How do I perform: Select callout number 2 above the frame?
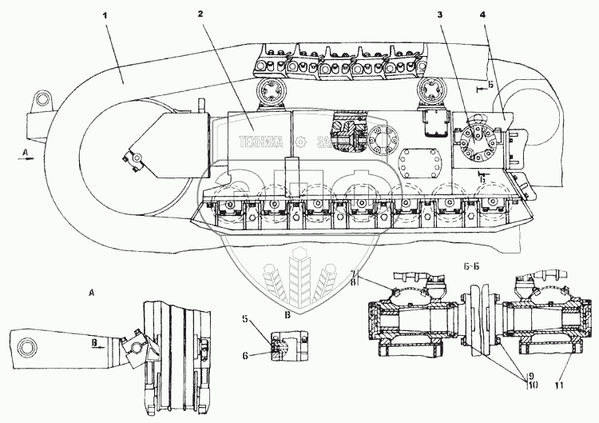click(201, 14)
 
